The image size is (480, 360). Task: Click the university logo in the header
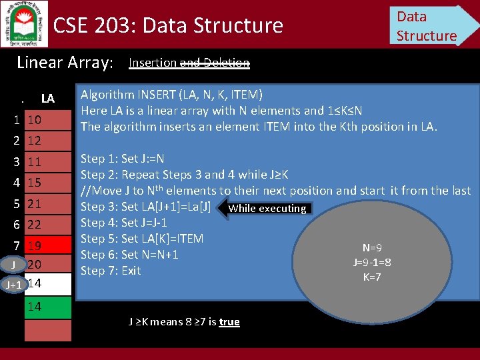[24, 23]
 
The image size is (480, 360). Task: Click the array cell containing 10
[47, 120]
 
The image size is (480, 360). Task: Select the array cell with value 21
[47, 203]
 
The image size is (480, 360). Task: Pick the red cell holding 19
[47, 245]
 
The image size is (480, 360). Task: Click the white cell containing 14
[47, 283]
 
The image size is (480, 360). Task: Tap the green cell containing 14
[47, 307]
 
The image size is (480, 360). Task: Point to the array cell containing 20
[47, 265]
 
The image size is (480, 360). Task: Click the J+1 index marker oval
[13, 285]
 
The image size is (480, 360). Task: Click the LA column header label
[47, 99]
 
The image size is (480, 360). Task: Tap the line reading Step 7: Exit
[111, 271]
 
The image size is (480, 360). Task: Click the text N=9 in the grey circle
[372, 248]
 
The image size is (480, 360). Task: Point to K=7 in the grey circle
[372, 277]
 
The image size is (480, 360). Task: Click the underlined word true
[229, 322]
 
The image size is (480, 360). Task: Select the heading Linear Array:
[65, 63]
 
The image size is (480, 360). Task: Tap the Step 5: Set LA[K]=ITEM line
[142, 239]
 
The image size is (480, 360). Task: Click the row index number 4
[15, 182]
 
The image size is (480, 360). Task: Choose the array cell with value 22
[47, 225]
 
